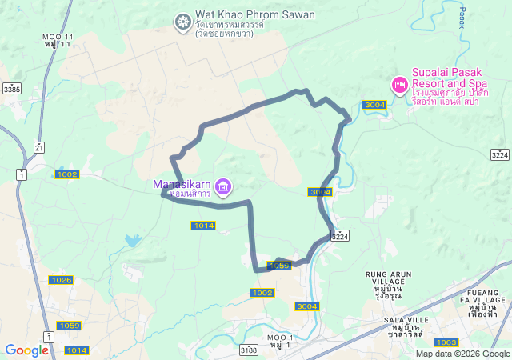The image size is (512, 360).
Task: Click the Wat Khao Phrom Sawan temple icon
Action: [183, 20]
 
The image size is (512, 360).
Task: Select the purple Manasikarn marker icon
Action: [223, 188]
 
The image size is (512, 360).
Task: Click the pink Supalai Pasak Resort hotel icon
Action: [399, 84]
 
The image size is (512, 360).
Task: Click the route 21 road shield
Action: [39, 146]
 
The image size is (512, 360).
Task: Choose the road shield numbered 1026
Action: [61, 280]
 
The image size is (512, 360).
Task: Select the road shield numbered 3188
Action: [249, 350]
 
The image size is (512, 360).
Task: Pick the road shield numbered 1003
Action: [446, 342]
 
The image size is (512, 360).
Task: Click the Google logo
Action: [26, 350]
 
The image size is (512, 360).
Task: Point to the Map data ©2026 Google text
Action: [462, 354]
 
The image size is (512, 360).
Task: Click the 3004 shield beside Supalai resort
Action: [374, 105]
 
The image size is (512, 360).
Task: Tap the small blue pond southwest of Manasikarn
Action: [133, 240]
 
